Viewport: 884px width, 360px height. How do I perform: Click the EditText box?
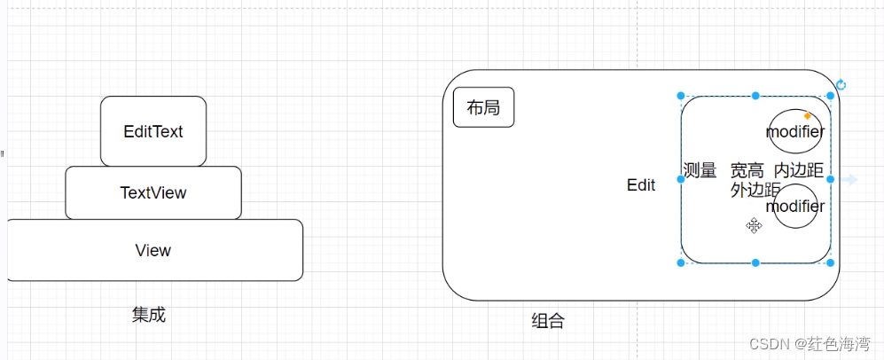pos(153,131)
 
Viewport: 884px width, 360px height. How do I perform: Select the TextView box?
pos(153,192)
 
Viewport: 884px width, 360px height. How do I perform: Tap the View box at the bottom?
pos(153,250)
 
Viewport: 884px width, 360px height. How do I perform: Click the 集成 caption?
pos(149,314)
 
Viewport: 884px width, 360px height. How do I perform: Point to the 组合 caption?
pos(547,321)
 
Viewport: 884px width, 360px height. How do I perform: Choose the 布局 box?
pos(483,108)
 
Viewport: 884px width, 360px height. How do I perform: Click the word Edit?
pos(641,185)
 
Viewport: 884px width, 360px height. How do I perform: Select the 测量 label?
pos(700,170)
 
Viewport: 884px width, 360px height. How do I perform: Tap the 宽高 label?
pos(747,170)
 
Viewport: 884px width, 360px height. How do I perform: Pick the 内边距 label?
pos(798,170)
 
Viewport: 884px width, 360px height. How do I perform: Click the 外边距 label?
pos(755,190)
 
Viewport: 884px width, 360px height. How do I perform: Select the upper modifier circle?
pos(794,131)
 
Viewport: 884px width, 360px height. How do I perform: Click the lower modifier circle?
pos(794,206)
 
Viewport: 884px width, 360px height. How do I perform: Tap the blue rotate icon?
pos(841,85)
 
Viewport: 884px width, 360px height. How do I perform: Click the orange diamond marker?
pos(807,116)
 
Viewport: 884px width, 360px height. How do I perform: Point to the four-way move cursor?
pos(754,226)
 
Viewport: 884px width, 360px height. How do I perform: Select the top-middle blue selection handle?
pos(755,96)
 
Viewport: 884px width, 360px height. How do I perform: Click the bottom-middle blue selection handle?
pos(755,262)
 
